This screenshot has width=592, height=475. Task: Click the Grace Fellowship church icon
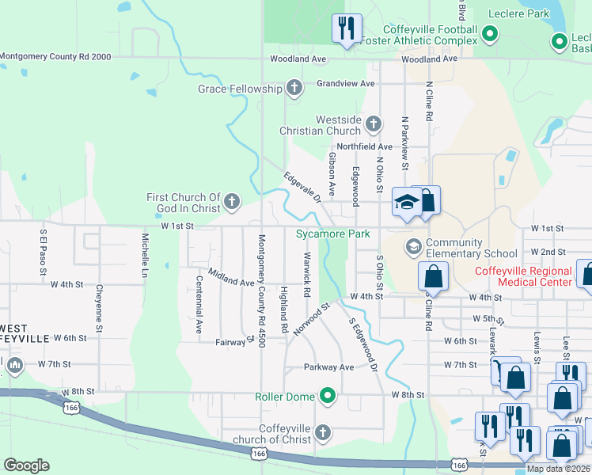(x=294, y=88)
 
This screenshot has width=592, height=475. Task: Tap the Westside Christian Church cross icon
(x=373, y=123)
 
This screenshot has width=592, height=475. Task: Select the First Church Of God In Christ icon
(x=231, y=202)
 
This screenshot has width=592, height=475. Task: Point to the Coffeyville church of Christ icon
(x=321, y=432)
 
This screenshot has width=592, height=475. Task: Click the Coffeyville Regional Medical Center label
(x=523, y=276)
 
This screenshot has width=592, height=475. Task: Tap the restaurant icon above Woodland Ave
(x=346, y=28)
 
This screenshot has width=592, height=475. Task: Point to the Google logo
(x=26, y=465)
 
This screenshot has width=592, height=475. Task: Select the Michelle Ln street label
(x=146, y=250)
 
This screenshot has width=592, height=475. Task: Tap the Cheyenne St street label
(x=99, y=308)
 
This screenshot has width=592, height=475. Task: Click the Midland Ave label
(x=231, y=277)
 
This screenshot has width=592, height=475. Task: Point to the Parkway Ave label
(x=329, y=367)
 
